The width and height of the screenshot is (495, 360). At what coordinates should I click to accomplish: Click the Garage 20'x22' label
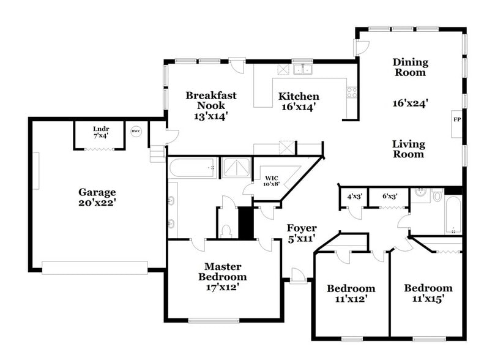[97, 197]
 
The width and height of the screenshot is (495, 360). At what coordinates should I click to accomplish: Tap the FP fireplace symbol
[456, 119]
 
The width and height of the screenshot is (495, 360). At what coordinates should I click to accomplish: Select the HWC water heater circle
[136, 130]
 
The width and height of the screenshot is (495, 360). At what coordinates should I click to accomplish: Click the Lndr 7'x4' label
[100, 132]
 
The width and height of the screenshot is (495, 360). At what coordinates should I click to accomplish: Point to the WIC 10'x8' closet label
[271, 181]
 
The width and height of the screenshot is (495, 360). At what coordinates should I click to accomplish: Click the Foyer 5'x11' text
[302, 233]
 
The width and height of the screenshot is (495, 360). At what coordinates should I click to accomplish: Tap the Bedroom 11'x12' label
[351, 294]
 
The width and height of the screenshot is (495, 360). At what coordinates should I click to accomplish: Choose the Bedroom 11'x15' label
[428, 293]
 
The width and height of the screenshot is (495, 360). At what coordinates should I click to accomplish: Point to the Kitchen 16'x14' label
[299, 101]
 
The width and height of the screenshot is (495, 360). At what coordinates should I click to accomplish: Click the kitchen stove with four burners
[352, 92]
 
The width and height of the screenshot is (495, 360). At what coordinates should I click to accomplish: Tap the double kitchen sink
[302, 69]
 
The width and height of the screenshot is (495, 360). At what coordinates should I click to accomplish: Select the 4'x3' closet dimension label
[354, 197]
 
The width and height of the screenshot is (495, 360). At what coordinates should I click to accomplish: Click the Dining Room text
[410, 67]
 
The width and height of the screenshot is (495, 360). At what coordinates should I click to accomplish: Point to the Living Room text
[408, 149]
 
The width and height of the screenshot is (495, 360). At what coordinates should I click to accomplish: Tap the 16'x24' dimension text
[409, 103]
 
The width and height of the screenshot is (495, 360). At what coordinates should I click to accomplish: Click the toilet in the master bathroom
[226, 231]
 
